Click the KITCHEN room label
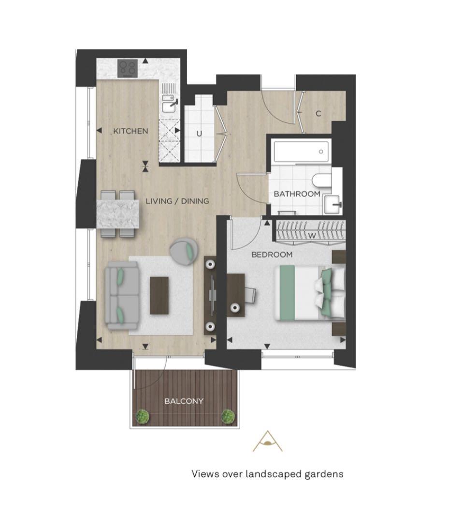point(130,131)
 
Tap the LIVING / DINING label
point(177,201)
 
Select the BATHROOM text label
point(297,194)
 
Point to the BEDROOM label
point(272,255)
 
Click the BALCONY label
point(184,401)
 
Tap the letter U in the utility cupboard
point(199,134)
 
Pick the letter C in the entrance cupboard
point(318,114)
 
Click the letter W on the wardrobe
point(312,236)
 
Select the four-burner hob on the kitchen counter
point(128,68)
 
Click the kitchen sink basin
point(169,106)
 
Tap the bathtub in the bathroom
point(301,152)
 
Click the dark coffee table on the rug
point(159,296)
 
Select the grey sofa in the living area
point(122,296)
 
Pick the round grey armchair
point(184,252)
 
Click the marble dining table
point(118,214)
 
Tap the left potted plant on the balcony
point(142,417)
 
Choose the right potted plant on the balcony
point(228,417)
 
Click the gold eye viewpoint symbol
point(267,441)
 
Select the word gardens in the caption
point(324,474)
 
